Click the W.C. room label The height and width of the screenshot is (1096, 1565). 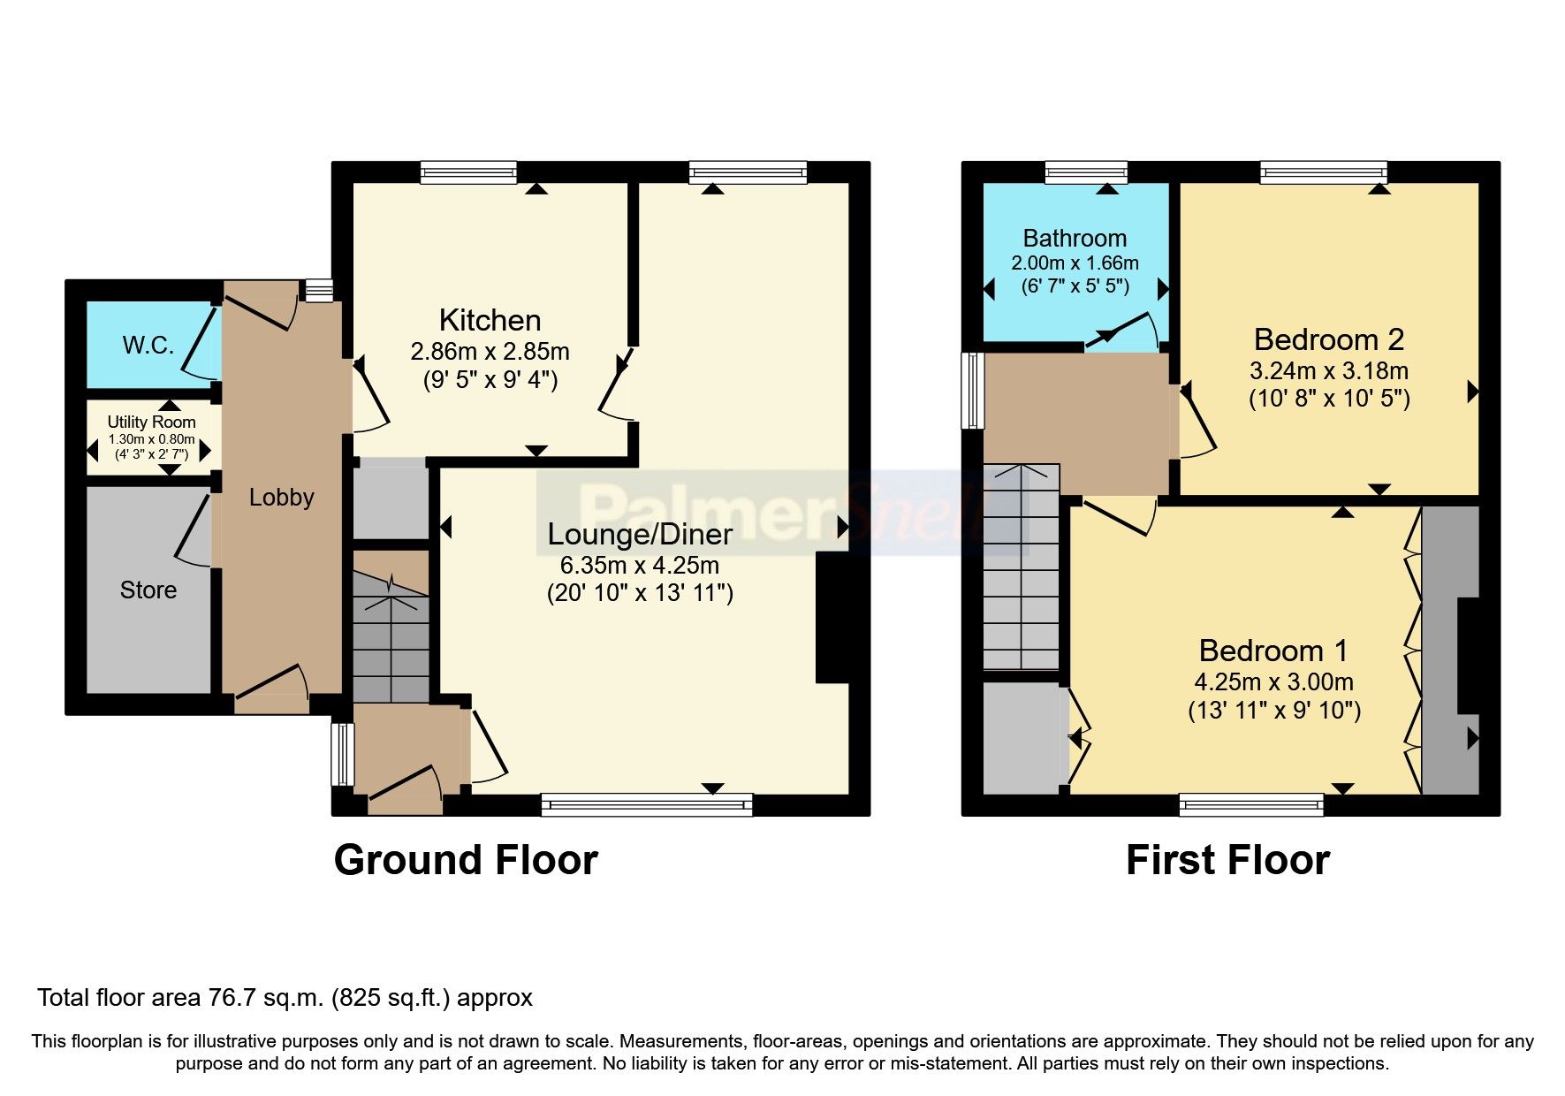click(x=148, y=346)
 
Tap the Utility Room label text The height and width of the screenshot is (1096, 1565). click(x=151, y=422)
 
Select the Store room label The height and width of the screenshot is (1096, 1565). click(x=148, y=590)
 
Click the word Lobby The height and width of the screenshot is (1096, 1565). click(x=281, y=498)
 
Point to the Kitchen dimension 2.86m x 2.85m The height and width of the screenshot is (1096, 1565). click(x=490, y=352)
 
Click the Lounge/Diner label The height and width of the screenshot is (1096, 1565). click(x=640, y=534)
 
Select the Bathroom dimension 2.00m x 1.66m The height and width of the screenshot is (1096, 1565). click(x=1075, y=263)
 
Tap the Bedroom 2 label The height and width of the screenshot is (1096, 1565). click(x=1328, y=339)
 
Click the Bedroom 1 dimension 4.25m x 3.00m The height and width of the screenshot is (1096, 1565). click(x=1273, y=682)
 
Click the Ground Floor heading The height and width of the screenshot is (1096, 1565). click(x=466, y=860)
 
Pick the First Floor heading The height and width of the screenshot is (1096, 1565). click(x=1227, y=860)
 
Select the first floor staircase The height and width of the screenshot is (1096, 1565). click(x=1021, y=566)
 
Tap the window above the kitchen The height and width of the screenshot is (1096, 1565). click(x=468, y=171)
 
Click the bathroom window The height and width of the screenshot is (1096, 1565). click(x=1085, y=171)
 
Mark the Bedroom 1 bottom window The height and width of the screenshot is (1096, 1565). click(x=1251, y=803)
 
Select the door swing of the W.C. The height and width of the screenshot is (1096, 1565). click(x=200, y=344)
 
